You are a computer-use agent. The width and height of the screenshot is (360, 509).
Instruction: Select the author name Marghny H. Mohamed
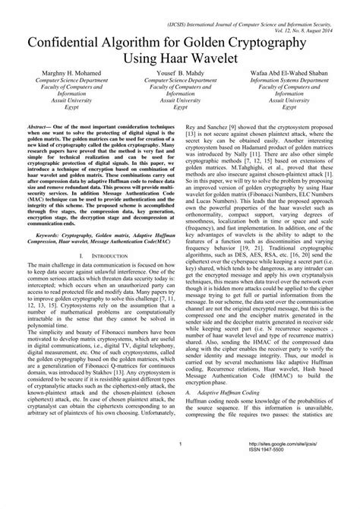[x=65, y=71]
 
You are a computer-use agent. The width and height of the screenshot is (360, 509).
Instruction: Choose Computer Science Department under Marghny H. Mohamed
[x=65, y=78]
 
